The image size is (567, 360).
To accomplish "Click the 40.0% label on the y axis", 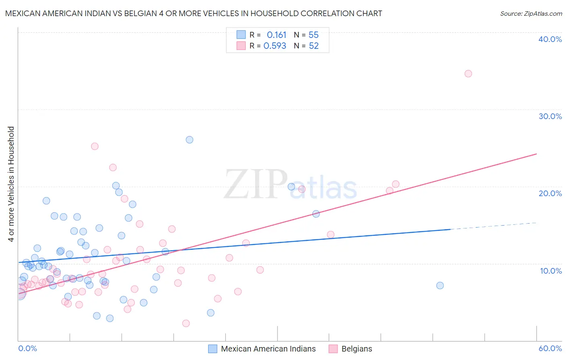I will pos(550,39).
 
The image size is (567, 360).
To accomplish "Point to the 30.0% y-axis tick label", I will pos(550,116).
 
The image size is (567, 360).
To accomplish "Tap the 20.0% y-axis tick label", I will pos(550,193).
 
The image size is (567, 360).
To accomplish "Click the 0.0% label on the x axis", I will pos(27,348).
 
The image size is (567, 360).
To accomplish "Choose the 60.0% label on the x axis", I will pos(550,348).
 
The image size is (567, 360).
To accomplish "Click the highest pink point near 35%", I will pos(468,73).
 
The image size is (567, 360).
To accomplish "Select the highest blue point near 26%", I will pos(190,140).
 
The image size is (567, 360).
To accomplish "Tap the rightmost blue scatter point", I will pos(440,285).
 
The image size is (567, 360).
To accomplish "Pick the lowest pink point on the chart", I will pos(186,323).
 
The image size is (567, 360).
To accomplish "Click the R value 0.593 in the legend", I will pos(275,46).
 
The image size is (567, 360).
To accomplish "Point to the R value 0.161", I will pos(276,35).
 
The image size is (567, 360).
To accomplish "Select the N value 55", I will pos(313,35).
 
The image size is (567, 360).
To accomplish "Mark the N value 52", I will pos(314,46).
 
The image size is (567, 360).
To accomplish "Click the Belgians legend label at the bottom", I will pos(356,349).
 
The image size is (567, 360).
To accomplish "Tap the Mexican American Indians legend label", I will pos(268,349).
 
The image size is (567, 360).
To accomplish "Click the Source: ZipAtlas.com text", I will pos(531,14).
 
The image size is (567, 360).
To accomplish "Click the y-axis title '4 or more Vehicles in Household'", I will pos(11,184).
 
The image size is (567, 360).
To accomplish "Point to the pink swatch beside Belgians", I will pos(333,349).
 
